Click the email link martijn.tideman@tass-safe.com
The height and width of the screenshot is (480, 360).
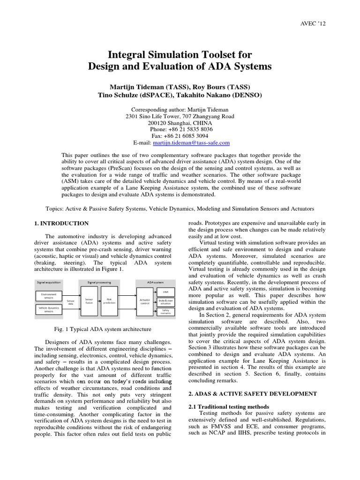[199, 142]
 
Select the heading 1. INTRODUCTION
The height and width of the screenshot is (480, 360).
[61, 223]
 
